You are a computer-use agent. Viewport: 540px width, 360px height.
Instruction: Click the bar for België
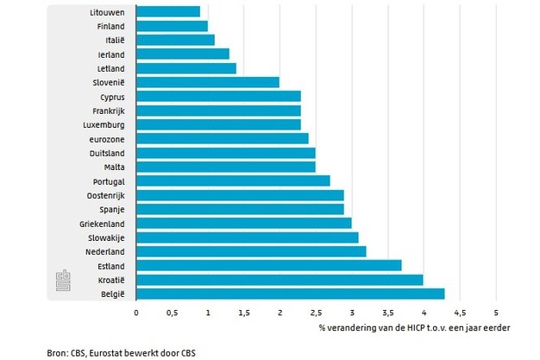290,294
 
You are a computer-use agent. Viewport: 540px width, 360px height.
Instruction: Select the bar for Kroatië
279,280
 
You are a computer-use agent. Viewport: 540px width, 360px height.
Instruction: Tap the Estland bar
268,265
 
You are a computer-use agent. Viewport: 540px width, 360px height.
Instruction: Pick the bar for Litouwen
168,11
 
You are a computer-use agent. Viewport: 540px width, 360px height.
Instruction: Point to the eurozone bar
223,138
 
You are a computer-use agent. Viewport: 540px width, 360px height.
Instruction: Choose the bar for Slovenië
208,82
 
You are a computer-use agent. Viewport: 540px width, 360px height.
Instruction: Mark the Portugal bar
233,180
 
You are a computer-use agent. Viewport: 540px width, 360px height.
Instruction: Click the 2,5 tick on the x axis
316,311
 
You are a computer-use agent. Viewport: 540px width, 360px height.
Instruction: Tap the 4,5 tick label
460,311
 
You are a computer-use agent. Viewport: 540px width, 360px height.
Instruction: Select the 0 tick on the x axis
136,311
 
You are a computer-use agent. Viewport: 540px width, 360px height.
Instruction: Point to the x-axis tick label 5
496,311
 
